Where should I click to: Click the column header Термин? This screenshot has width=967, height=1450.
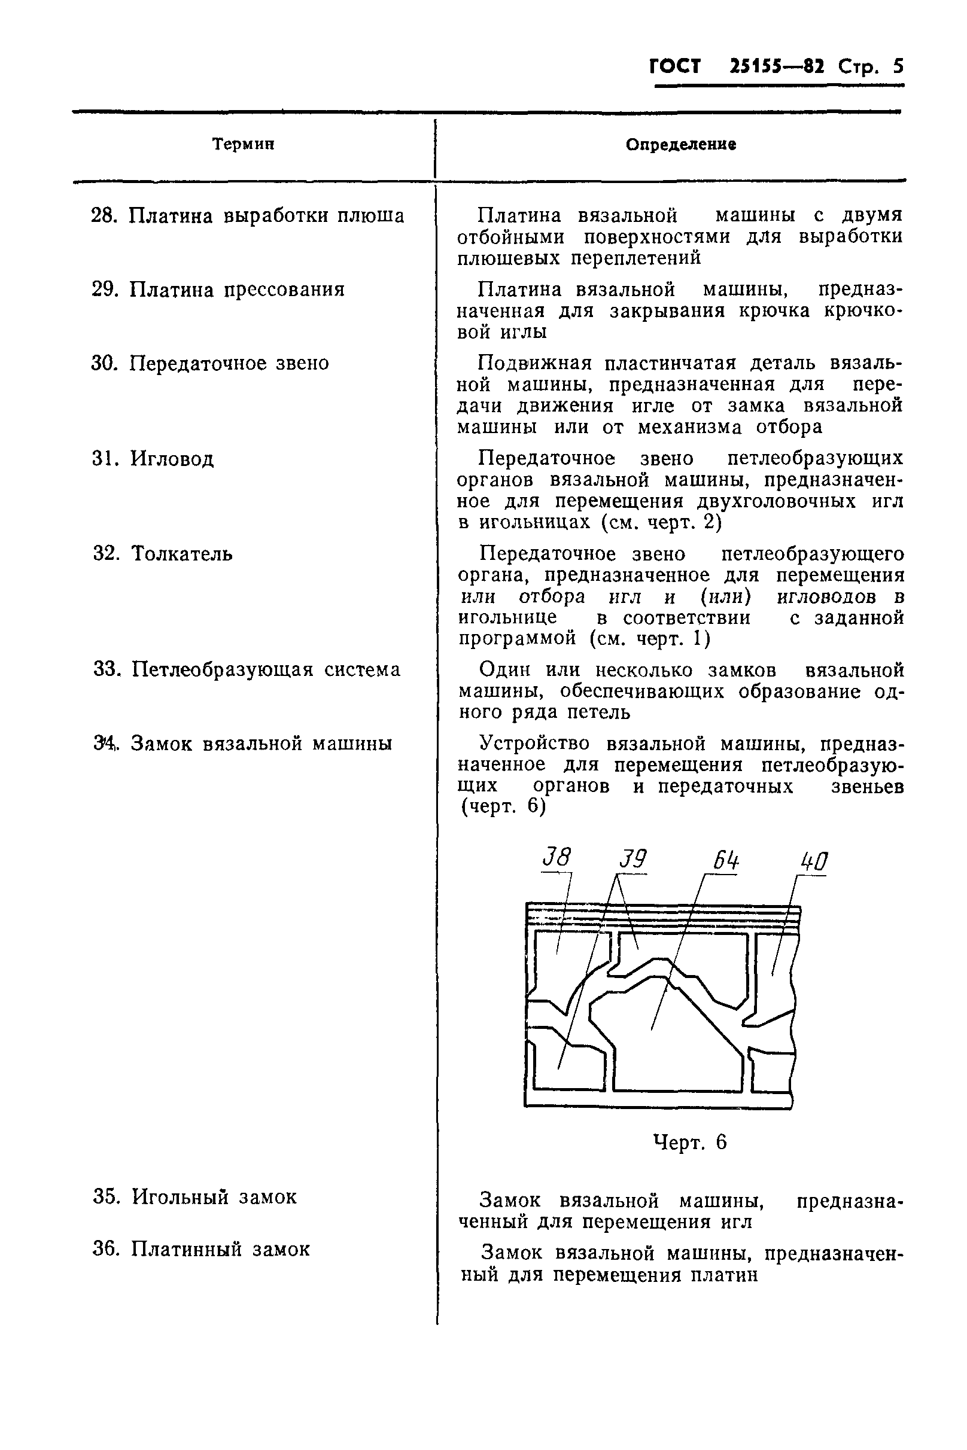[x=243, y=144]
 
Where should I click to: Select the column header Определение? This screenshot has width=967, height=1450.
[x=681, y=145]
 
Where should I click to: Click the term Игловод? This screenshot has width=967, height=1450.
[x=172, y=459]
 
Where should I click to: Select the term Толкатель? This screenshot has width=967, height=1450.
[x=182, y=553]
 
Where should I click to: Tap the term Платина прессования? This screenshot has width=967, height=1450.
[x=237, y=289]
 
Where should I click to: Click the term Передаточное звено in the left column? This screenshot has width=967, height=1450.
[x=229, y=363]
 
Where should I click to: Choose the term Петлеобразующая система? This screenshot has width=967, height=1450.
[x=266, y=669]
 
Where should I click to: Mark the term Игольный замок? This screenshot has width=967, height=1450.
[x=214, y=1196]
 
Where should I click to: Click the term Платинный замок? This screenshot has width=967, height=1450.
[x=221, y=1249]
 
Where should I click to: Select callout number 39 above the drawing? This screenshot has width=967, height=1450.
[x=632, y=859]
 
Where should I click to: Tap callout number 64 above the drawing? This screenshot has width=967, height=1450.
[x=726, y=861]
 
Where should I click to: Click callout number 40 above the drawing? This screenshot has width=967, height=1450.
[x=813, y=861]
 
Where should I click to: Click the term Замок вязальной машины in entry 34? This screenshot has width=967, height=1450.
[x=261, y=744]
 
